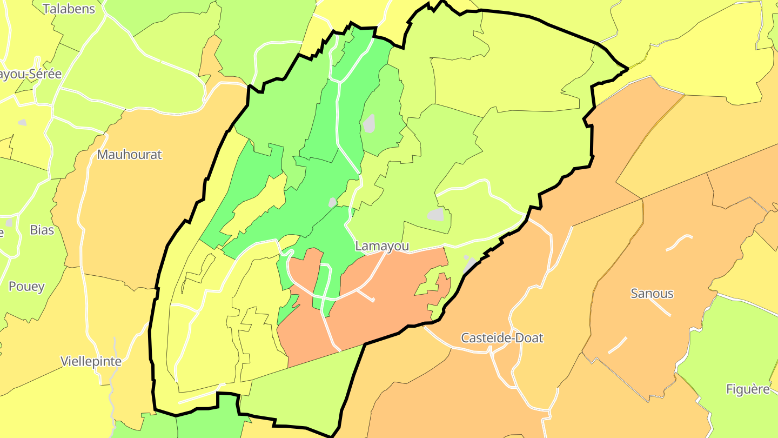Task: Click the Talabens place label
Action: click(69, 9)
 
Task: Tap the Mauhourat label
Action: click(129, 155)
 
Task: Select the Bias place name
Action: click(42, 230)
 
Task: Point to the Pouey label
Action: click(26, 287)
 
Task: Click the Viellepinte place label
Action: click(91, 361)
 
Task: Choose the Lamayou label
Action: click(381, 247)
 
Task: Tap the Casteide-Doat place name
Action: click(502, 338)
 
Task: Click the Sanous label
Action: click(652, 294)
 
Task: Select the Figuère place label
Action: click(748, 389)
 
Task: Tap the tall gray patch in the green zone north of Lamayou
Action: click(369, 123)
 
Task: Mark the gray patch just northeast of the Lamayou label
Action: click(435, 215)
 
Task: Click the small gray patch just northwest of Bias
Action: click(9, 222)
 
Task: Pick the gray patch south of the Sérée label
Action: click(22, 123)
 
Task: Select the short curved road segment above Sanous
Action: click(679, 242)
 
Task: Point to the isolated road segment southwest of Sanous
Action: click(618, 345)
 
